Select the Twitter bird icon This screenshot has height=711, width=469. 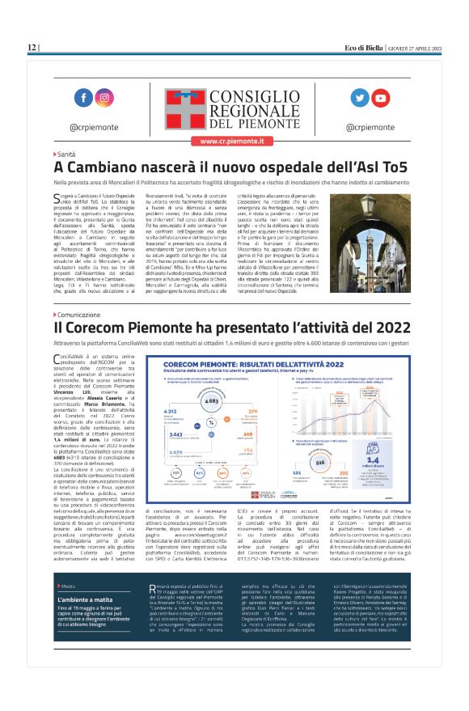(359, 98)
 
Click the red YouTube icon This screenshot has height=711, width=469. (381, 98)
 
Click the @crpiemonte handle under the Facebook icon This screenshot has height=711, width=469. (91, 126)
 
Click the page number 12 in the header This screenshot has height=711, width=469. (32, 48)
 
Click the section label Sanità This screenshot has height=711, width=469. (66, 153)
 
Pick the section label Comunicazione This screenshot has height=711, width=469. (78, 314)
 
